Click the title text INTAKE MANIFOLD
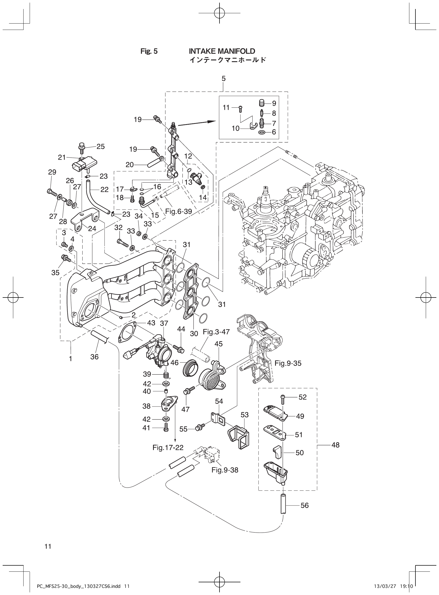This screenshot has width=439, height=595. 222,51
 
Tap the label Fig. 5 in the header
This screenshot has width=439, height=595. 149,51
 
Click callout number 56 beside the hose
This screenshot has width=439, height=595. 304,505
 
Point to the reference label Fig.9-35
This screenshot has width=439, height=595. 288,363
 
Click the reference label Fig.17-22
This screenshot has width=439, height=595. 168,448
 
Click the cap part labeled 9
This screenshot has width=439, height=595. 262,102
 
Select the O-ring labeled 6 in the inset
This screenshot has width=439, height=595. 262,132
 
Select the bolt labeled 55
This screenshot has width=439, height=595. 199,429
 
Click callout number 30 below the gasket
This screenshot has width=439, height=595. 194,333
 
